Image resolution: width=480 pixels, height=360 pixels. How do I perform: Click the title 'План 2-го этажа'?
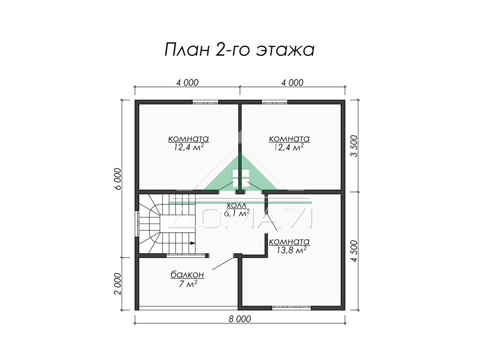point(240,50)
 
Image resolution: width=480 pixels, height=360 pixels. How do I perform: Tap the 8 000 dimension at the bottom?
point(240,319)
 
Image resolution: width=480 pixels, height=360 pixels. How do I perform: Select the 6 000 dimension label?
point(118,178)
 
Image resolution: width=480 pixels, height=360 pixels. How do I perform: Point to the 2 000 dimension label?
point(118,284)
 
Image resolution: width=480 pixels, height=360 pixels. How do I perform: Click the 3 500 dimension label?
point(354,146)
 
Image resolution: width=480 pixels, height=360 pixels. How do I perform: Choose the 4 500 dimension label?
point(354,251)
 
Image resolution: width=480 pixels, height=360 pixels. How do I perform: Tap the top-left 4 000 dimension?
point(187,83)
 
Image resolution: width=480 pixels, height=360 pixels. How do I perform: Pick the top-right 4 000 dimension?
point(292,83)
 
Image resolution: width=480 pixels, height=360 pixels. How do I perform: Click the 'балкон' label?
point(188,274)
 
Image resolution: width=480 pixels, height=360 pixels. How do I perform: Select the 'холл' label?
point(236,205)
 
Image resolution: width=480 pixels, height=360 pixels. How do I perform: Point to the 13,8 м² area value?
point(291,250)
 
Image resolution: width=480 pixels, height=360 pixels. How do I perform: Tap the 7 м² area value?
point(188,284)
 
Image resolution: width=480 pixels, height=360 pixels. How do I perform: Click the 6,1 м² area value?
point(237,213)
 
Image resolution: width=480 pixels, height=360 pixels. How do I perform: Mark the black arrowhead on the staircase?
point(193,243)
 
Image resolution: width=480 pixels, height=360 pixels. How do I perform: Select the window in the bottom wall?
point(291,308)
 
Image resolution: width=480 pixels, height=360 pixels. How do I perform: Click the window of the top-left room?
point(205,102)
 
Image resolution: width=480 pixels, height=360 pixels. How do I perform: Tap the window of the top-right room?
point(274,102)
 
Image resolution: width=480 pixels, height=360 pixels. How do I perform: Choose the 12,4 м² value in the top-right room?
point(289,147)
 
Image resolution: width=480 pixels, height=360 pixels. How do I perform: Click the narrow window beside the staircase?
point(137,224)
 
